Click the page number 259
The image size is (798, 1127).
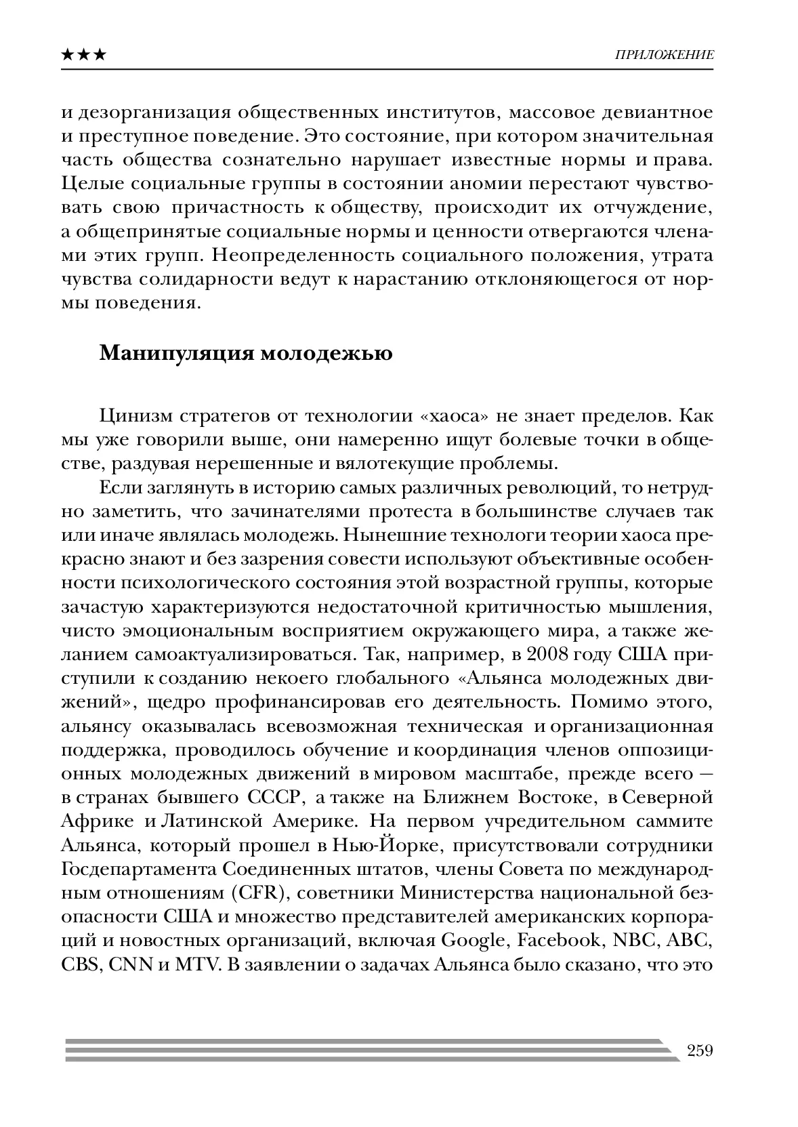point(700,1050)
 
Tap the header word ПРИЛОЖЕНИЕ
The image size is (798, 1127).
point(664,55)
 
